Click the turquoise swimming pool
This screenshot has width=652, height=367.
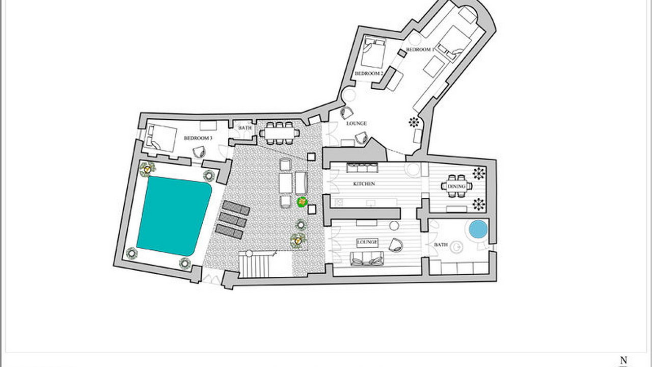tap(174, 216)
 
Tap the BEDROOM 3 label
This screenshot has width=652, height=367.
tap(198, 138)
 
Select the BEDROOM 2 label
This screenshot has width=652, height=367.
tap(369, 73)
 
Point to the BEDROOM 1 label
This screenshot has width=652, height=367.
tap(420, 49)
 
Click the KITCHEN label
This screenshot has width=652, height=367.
tap(364, 184)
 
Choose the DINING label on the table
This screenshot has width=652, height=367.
tap(456, 187)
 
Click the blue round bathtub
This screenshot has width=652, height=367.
tap(478, 229)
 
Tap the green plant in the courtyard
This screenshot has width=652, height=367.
tap(303, 202)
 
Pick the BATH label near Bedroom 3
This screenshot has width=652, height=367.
tap(245, 127)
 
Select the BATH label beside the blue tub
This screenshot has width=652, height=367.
tap(441, 245)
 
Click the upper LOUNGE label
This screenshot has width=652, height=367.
tap(356, 123)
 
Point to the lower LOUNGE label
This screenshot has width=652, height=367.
tap(367, 242)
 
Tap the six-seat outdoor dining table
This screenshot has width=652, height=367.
tap(280, 133)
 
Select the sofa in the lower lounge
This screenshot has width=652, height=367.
tap(367, 259)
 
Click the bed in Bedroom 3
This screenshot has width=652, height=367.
tap(161, 138)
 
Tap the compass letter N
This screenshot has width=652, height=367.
tap(624, 360)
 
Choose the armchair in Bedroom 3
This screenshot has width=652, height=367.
tap(199, 152)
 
